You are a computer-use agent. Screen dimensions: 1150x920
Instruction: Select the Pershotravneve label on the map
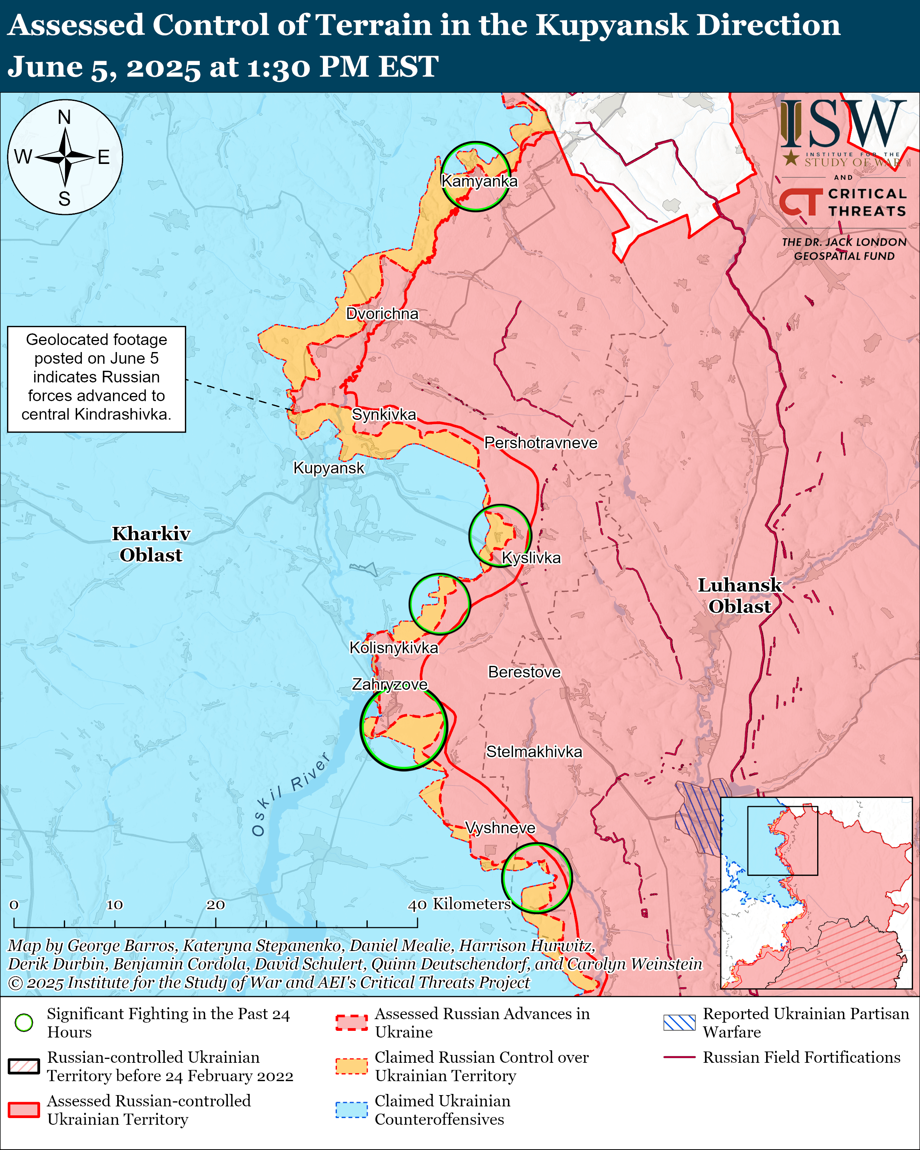point(540,443)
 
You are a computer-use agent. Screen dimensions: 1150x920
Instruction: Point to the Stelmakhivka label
point(534,752)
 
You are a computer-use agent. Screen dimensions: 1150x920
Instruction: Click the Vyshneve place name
point(500,828)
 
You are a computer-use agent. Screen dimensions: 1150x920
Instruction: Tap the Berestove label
point(524,672)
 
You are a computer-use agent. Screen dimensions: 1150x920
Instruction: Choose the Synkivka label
point(384,414)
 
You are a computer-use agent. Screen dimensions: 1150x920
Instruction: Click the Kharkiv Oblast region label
point(151,544)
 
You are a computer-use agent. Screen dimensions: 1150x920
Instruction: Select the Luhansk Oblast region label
point(739,596)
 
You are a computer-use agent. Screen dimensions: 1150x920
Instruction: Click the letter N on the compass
point(65,117)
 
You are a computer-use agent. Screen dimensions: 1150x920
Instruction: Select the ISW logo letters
point(842,124)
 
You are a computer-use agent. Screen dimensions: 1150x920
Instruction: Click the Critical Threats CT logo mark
point(800,202)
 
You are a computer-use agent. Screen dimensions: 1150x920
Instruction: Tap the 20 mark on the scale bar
point(215,905)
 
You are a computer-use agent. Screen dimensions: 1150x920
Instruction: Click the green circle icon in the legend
point(24,1023)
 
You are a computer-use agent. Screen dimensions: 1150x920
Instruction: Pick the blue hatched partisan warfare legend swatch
point(679,1023)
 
